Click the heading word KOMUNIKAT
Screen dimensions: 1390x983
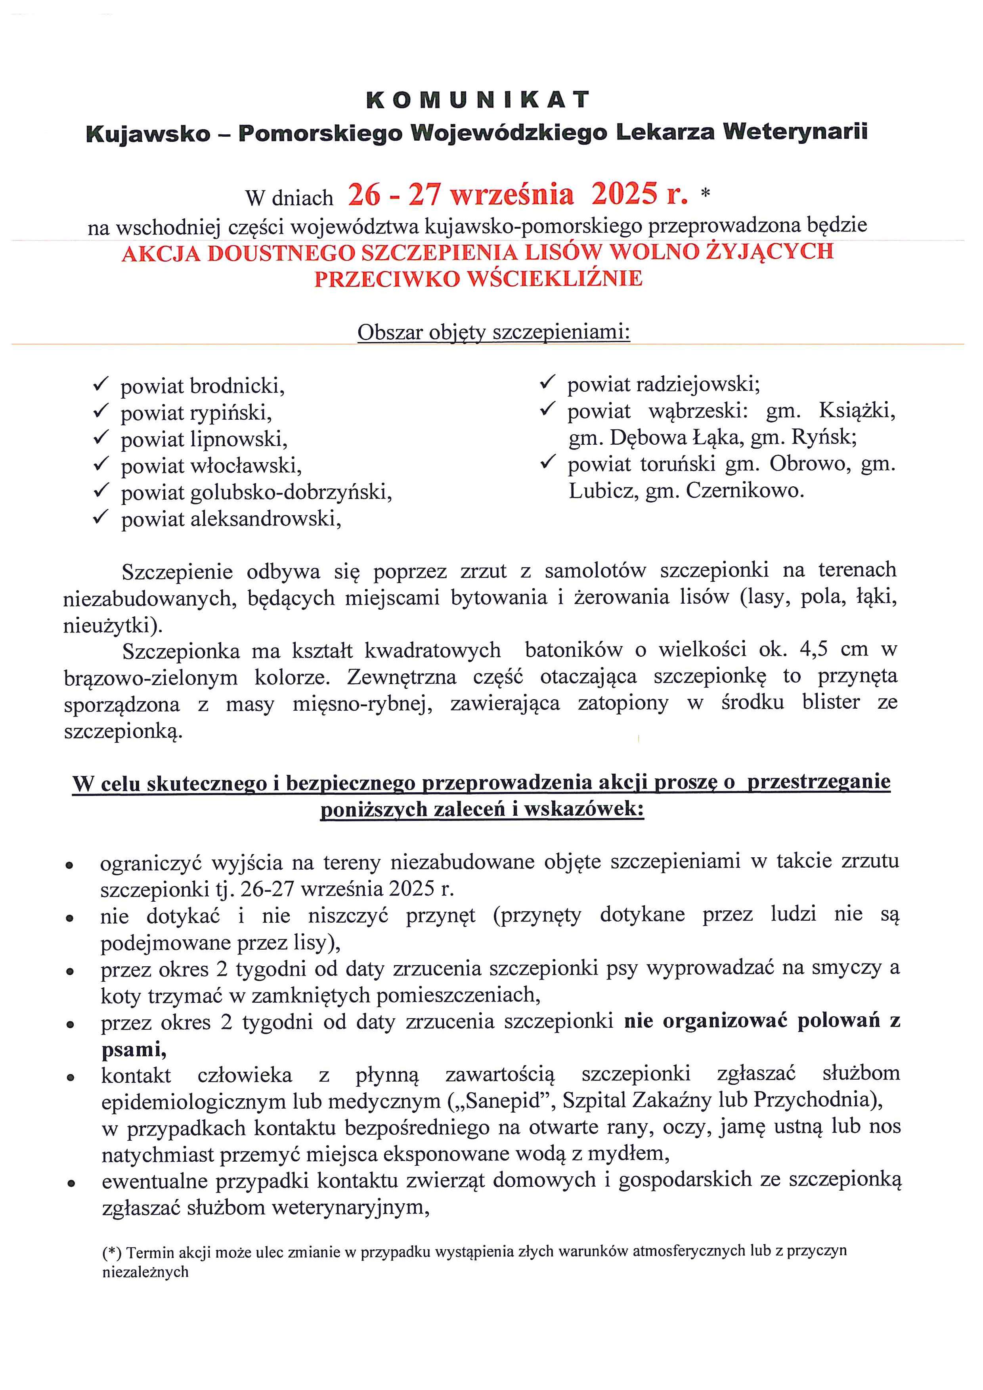click(x=478, y=100)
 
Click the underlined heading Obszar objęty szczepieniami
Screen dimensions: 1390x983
click(x=493, y=333)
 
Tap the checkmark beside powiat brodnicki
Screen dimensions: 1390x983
click(x=100, y=384)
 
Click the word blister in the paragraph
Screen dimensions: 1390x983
click(x=830, y=702)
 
